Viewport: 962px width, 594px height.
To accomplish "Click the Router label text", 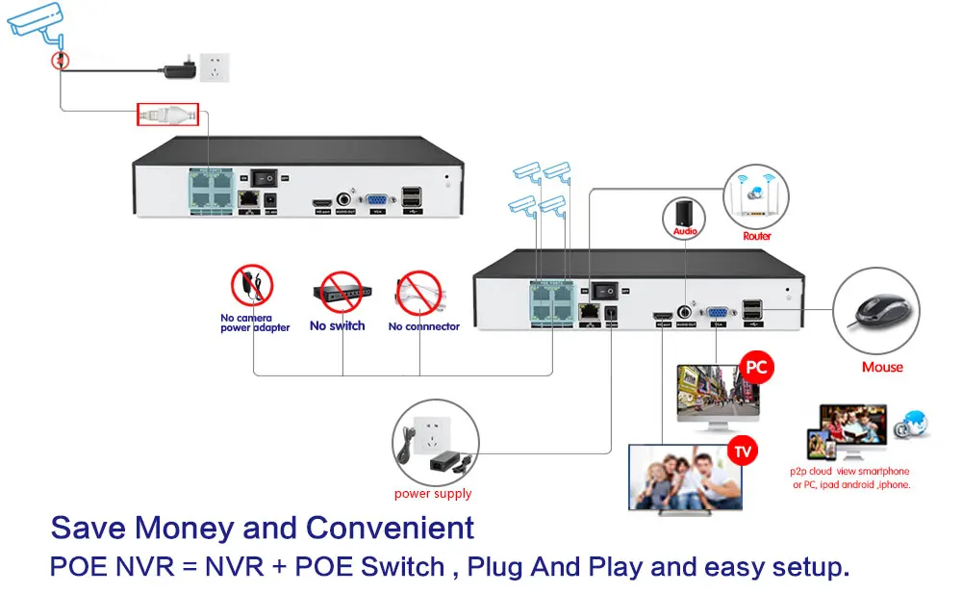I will pos(756,236).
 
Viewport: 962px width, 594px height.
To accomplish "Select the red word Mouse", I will pos(882,367).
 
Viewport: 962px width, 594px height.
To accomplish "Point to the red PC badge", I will pos(755,369).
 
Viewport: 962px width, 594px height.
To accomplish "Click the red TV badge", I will pos(743,450).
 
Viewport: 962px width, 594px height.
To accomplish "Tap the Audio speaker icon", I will pos(685,213).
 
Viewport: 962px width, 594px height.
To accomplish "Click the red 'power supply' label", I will pos(433,494).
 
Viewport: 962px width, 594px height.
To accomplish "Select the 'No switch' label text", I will pos(337,326).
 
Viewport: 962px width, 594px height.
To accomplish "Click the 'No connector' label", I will pos(423,326).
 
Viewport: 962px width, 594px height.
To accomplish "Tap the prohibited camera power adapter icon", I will pos(252,286).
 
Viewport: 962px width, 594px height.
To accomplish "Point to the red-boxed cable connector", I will pos(167,114).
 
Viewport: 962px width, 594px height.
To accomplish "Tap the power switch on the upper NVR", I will pos(266,178).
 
